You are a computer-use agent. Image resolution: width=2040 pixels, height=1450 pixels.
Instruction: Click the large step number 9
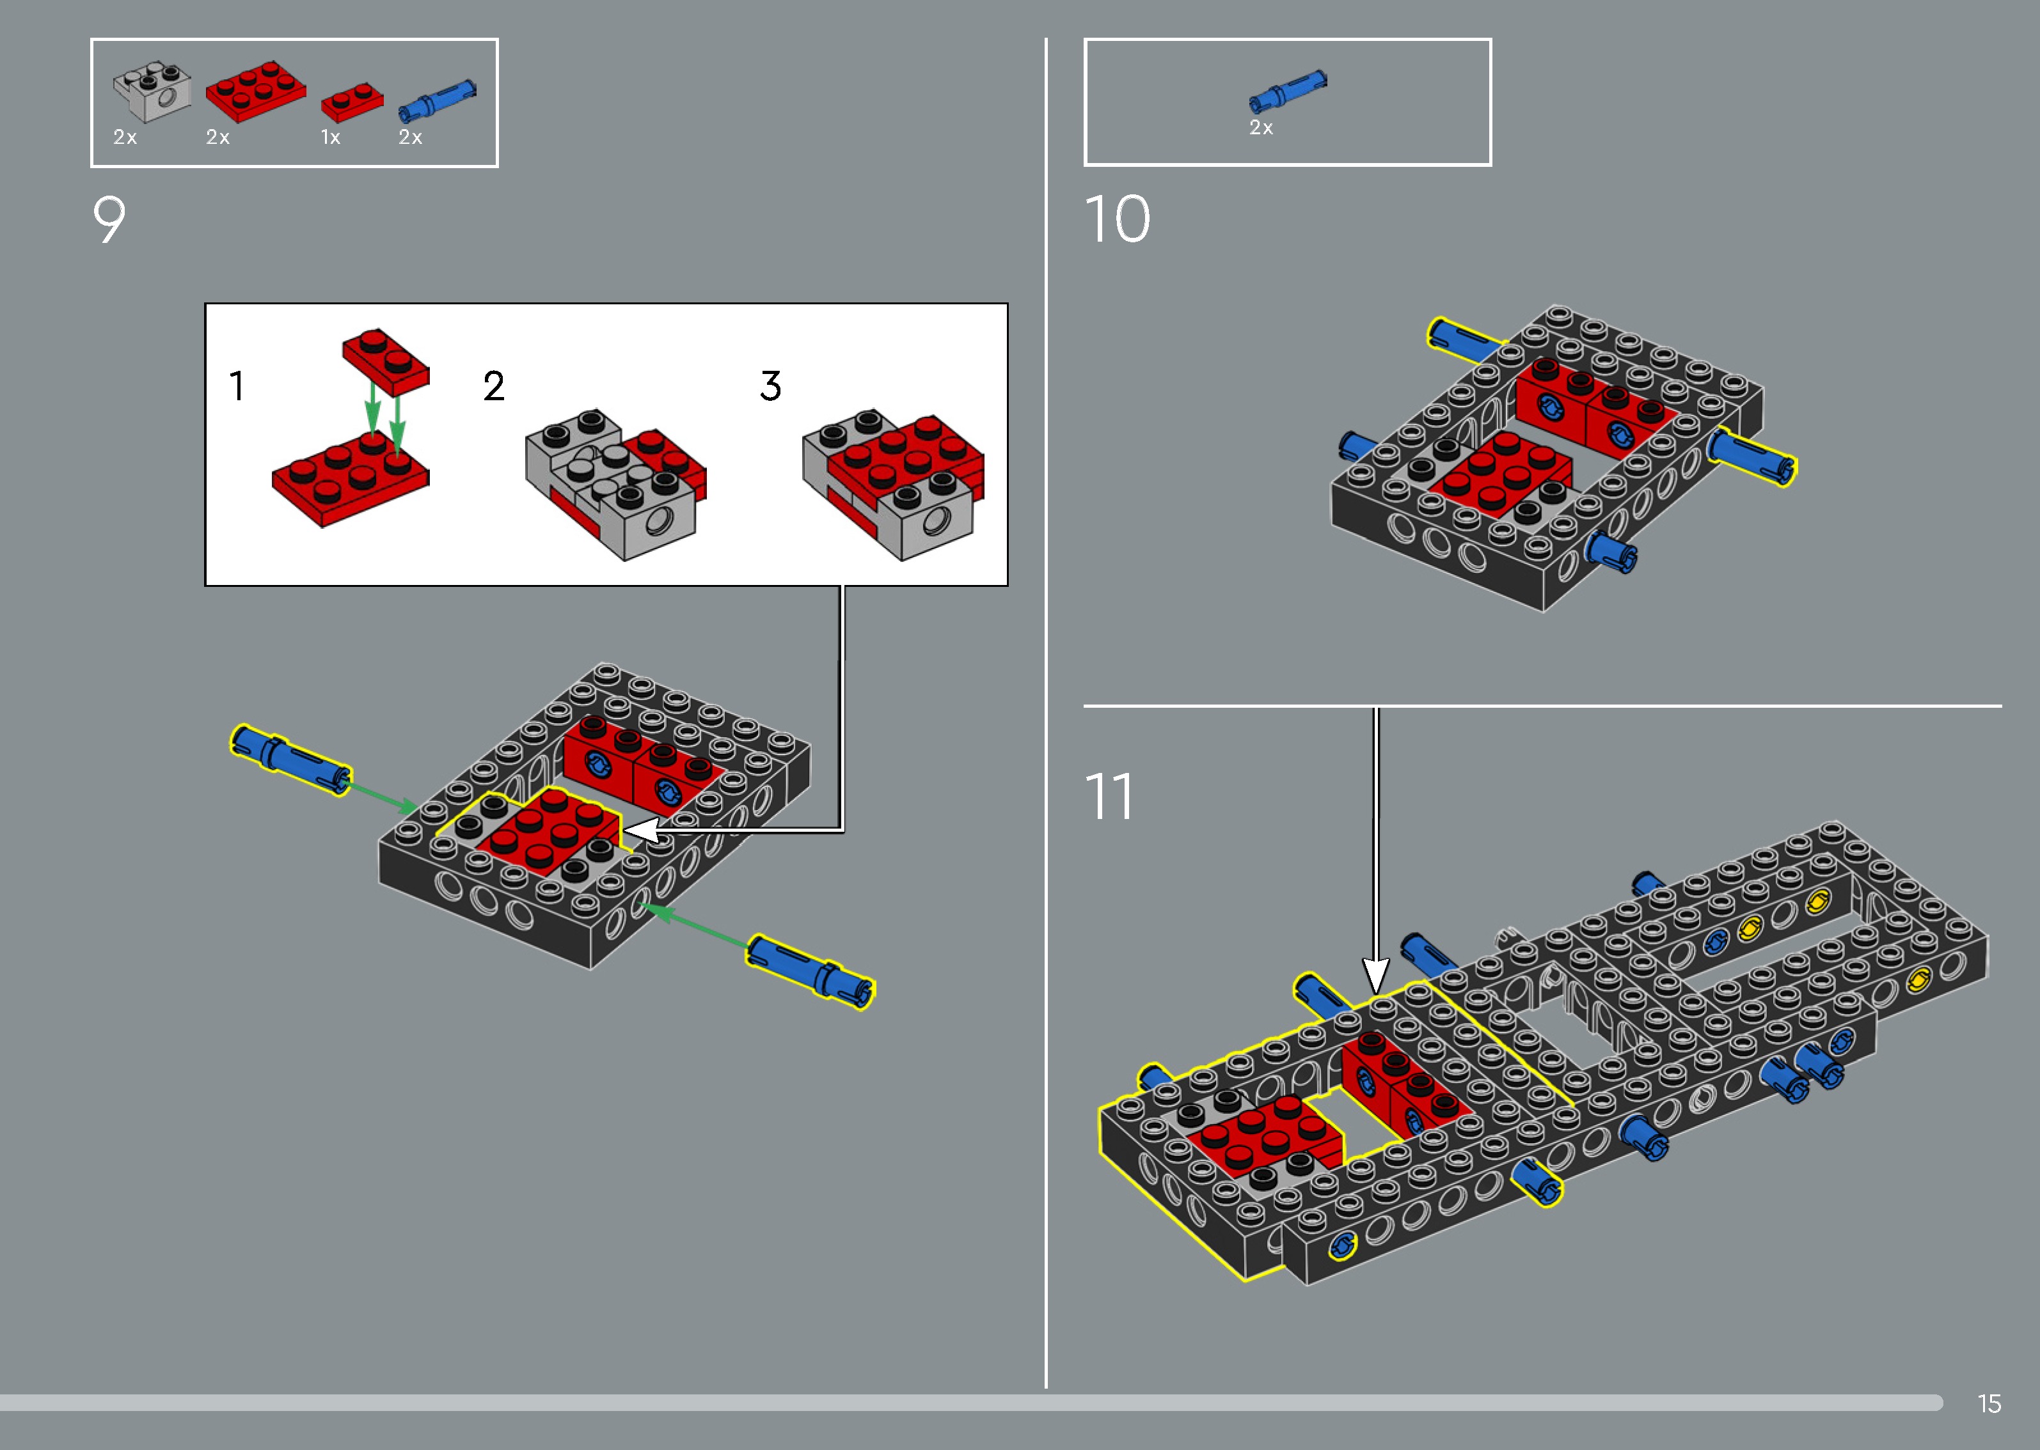[109, 220]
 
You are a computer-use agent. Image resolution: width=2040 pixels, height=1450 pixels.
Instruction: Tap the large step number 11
[1109, 797]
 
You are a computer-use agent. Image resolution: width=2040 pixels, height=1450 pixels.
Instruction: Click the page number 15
[1988, 1403]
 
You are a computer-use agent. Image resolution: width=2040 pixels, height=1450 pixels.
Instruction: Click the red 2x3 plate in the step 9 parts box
[255, 91]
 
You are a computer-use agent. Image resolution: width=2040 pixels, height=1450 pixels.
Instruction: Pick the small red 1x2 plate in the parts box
[352, 102]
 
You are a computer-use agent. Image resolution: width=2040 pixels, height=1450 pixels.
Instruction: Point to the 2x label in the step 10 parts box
[1260, 128]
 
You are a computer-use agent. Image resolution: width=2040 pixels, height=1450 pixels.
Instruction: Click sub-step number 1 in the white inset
[236, 387]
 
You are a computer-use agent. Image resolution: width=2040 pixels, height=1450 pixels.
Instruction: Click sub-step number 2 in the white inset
[494, 387]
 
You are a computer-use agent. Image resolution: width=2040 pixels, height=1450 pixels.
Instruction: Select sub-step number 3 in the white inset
[770, 387]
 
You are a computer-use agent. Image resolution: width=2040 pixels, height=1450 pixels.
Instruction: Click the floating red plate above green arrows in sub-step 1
[386, 361]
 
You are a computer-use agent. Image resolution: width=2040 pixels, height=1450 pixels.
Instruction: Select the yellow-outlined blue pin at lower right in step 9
[810, 972]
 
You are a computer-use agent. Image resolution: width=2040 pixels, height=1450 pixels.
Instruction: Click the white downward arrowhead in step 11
[1375, 975]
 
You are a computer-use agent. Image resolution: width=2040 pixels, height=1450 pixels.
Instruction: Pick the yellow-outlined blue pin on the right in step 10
[1751, 457]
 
